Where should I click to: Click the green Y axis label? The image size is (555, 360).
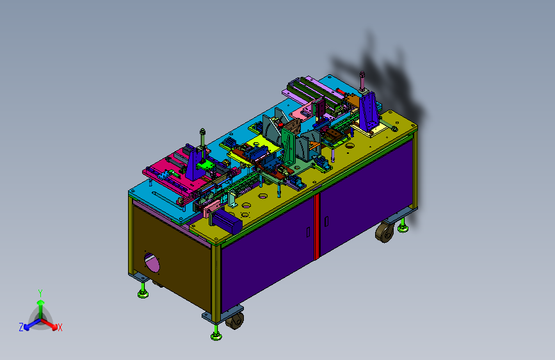pyautogui.click(x=40, y=293)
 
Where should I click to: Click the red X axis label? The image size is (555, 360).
pyautogui.click(x=60, y=327)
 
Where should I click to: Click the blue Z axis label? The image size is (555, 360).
pyautogui.click(x=21, y=327)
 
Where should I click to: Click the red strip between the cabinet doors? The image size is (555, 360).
pyautogui.click(x=317, y=226)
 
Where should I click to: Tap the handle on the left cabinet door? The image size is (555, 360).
pyautogui.click(x=309, y=232)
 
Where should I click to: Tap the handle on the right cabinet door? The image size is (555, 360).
pyautogui.click(x=326, y=222)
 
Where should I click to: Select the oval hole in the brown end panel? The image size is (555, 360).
pyautogui.click(x=152, y=262)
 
